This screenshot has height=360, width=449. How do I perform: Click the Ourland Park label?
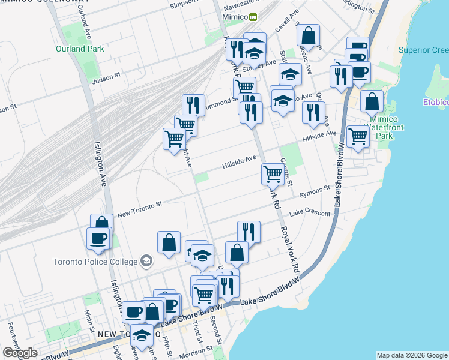(x=80, y=49)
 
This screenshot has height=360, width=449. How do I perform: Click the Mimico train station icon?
(x=253, y=17)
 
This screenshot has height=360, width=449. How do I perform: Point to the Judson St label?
(x=107, y=76)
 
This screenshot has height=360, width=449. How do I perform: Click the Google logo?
(x=20, y=353)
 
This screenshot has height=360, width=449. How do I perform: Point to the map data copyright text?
(x=412, y=355)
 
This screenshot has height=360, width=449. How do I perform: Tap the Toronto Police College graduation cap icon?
(x=146, y=260)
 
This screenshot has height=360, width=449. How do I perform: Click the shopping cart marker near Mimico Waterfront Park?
(x=358, y=136)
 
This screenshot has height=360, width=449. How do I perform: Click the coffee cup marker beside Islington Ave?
(x=98, y=238)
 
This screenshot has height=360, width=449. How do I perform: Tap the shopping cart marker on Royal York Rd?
(x=273, y=174)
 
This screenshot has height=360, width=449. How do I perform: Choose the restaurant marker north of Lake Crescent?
(x=249, y=230)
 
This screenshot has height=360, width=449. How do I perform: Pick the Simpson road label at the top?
(x=183, y=4)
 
